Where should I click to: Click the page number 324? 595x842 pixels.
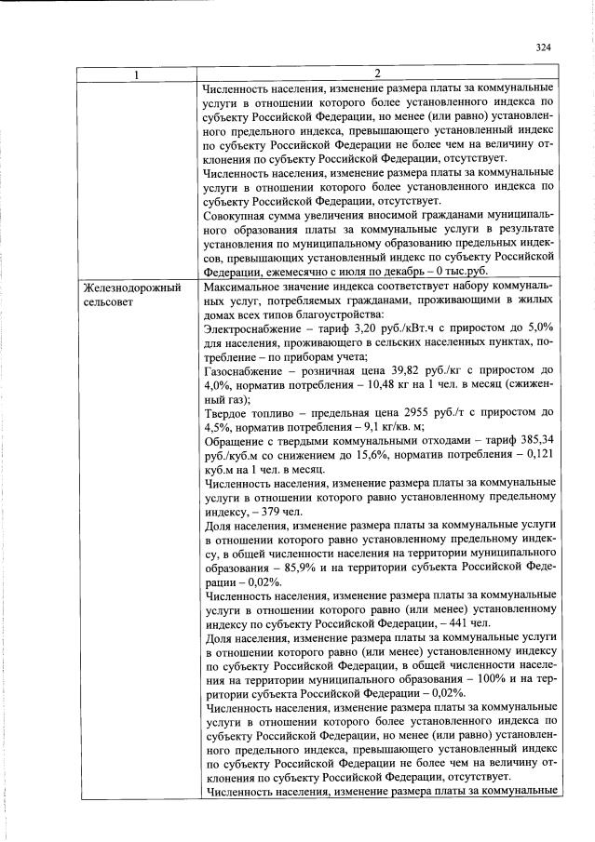point(544,47)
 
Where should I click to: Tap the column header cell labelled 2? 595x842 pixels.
point(378,74)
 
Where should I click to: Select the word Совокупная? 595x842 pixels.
point(234,215)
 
